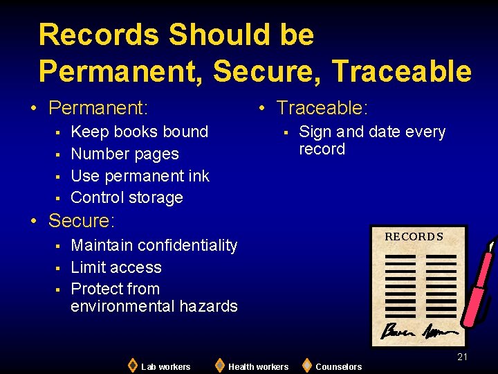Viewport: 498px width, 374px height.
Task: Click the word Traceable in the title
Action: pos(401,71)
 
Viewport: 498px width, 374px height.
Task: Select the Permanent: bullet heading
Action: pos(98,108)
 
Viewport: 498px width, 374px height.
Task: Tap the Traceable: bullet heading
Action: pos(322,108)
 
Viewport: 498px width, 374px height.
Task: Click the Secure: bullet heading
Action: pos(82,221)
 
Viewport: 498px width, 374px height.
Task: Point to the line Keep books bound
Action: pos(139,132)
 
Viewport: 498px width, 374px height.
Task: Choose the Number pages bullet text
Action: pos(124,154)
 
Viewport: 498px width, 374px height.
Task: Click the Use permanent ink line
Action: pos(140,176)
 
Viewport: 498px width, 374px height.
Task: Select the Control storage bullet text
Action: pos(127,197)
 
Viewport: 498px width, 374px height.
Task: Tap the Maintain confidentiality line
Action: pos(154,245)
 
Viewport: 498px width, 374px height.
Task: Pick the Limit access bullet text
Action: pos(116,267)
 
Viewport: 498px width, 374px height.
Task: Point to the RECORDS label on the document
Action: pos(414,237)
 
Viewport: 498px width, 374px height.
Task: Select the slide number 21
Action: pos(462,357)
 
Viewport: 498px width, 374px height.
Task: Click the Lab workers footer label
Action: pos(165,366)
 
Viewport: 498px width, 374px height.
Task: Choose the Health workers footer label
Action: pos(258,366)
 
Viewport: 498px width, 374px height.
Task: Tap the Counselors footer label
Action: pos(338,366)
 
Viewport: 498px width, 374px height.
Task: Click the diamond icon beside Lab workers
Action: pos(132,365)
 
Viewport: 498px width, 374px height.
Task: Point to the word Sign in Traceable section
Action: pos(315,132)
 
